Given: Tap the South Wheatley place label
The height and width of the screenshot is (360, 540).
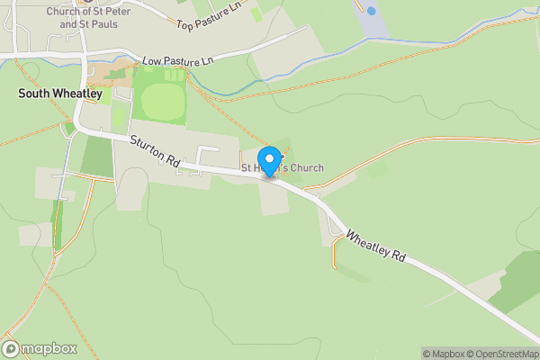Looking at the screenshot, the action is pyautogui.click(x=60, y=94).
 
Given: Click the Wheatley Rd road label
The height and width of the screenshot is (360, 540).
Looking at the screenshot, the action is pyautogui.click(x=376, y=243).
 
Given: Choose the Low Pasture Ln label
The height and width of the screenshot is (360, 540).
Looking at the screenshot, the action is pyautogui.click(x=176, y=61).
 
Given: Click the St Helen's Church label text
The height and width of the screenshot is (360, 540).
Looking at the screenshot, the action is pyautogui.click(x=282, y=168).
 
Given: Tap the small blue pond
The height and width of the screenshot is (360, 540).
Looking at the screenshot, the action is pyautogui.click(x=371, y=11).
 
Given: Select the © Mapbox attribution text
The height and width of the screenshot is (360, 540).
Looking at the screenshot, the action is pyautogui.click(x=442, y=354).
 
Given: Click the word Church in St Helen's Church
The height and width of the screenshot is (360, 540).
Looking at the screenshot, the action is pyautogui.click(x=306, y=168).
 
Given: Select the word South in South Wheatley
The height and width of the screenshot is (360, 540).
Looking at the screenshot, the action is pyautogui.click(x=32, y=94).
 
